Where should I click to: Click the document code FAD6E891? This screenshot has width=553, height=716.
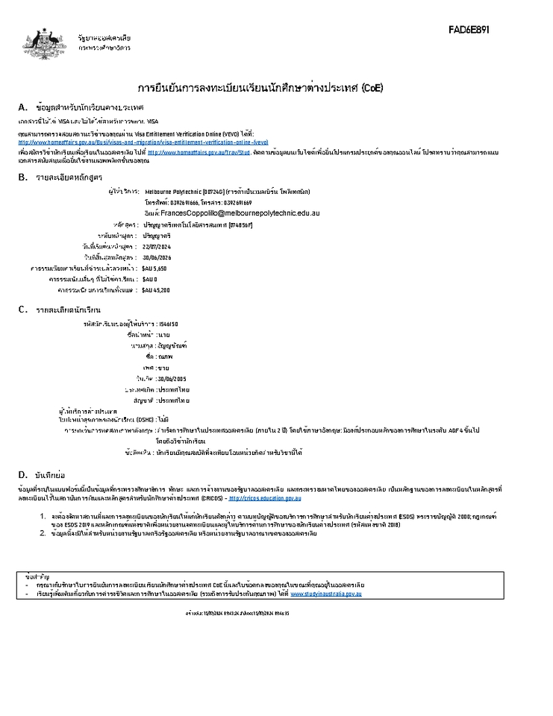(469, 30)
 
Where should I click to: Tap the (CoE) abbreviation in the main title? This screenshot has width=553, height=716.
(372, 88)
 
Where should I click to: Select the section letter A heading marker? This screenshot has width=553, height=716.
(22, 107)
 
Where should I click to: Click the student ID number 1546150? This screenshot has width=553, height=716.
(168, 324)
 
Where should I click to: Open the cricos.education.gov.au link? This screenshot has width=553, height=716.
(265, 497)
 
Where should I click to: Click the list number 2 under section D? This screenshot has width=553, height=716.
(43, 533)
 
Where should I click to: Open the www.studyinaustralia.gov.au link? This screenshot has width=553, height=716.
(326, 594)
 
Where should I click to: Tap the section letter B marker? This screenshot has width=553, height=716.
(22, 177)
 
